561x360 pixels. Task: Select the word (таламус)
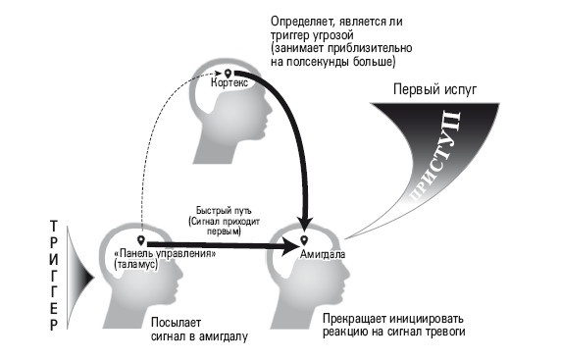click(134, 265)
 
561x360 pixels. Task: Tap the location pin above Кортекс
click(229, 73)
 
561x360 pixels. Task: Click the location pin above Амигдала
click(304, 239)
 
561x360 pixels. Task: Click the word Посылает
click(178, 322)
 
